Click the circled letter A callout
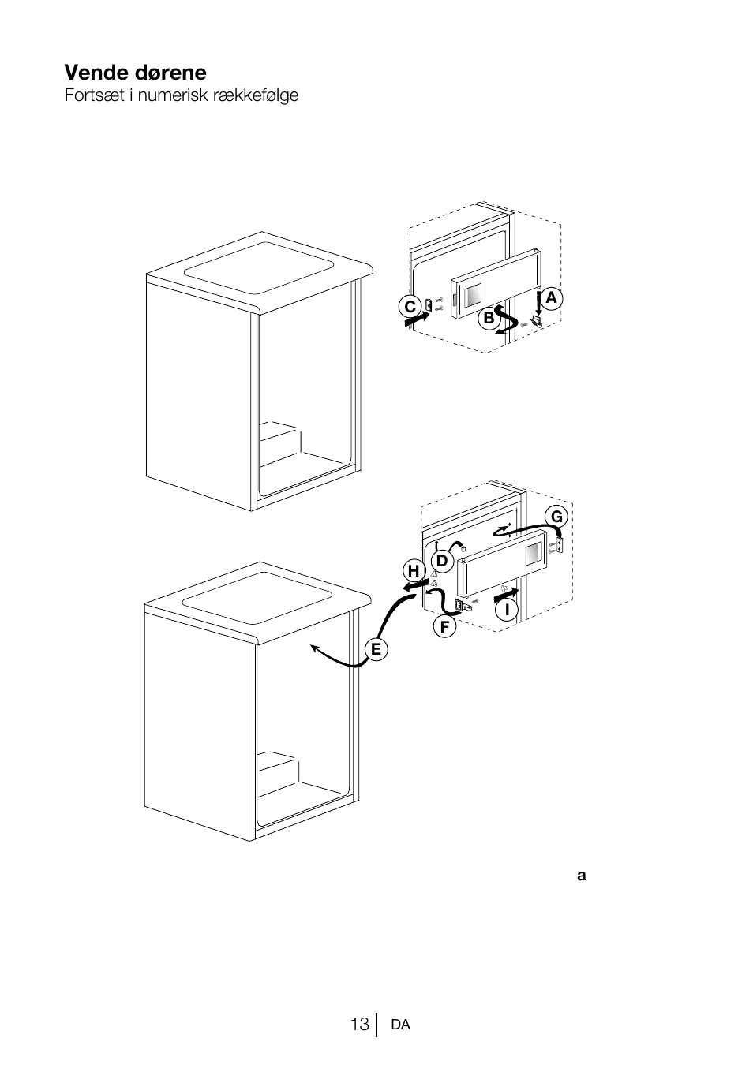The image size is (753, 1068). [551, 298]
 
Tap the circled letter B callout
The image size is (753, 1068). [489, 318]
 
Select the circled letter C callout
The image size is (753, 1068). [410, 307]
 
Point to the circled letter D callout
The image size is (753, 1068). [442, 561]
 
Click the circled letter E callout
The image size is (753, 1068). [376, 649]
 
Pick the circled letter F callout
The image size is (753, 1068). [444, 627]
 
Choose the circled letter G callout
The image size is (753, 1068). [556, 517]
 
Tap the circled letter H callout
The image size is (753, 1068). [414, 571]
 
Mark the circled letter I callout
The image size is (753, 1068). [507, 610]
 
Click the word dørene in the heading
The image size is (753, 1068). [170, 73]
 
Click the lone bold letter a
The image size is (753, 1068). [581, 876]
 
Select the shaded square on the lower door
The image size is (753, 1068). [534, 554]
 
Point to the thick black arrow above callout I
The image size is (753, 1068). [506, 594]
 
